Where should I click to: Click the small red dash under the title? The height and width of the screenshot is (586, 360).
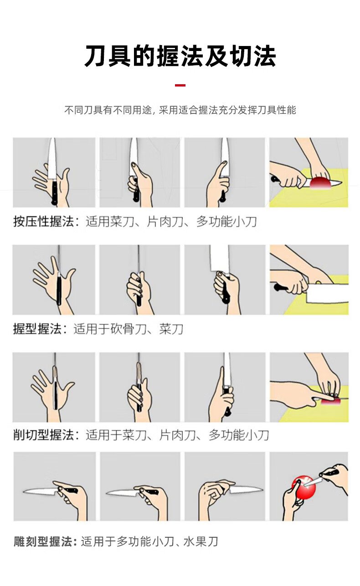coord(180,85)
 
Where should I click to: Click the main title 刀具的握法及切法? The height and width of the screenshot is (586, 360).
coord(180,56)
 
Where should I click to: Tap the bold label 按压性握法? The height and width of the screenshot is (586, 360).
coord(43,222)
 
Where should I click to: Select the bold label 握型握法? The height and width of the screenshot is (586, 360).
coord(37,329)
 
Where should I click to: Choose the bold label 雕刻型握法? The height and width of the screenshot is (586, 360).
coord(43,541)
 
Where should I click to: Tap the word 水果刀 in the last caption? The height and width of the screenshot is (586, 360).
coord(201,541)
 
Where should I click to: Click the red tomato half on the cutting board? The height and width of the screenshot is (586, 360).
coord(320,182)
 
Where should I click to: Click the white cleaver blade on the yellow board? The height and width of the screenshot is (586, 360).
coord(328,293)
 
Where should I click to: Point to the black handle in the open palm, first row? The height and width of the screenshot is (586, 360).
coord(55,192)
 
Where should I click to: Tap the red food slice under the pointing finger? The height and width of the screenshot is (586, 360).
coord(330,401)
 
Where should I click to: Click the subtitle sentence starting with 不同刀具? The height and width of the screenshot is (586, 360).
coord(180,110)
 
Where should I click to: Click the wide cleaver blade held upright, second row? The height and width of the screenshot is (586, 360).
coord(219,260)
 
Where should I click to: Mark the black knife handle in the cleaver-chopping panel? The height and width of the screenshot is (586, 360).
coord(281,288)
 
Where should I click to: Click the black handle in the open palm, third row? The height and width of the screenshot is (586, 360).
coord(56,396)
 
